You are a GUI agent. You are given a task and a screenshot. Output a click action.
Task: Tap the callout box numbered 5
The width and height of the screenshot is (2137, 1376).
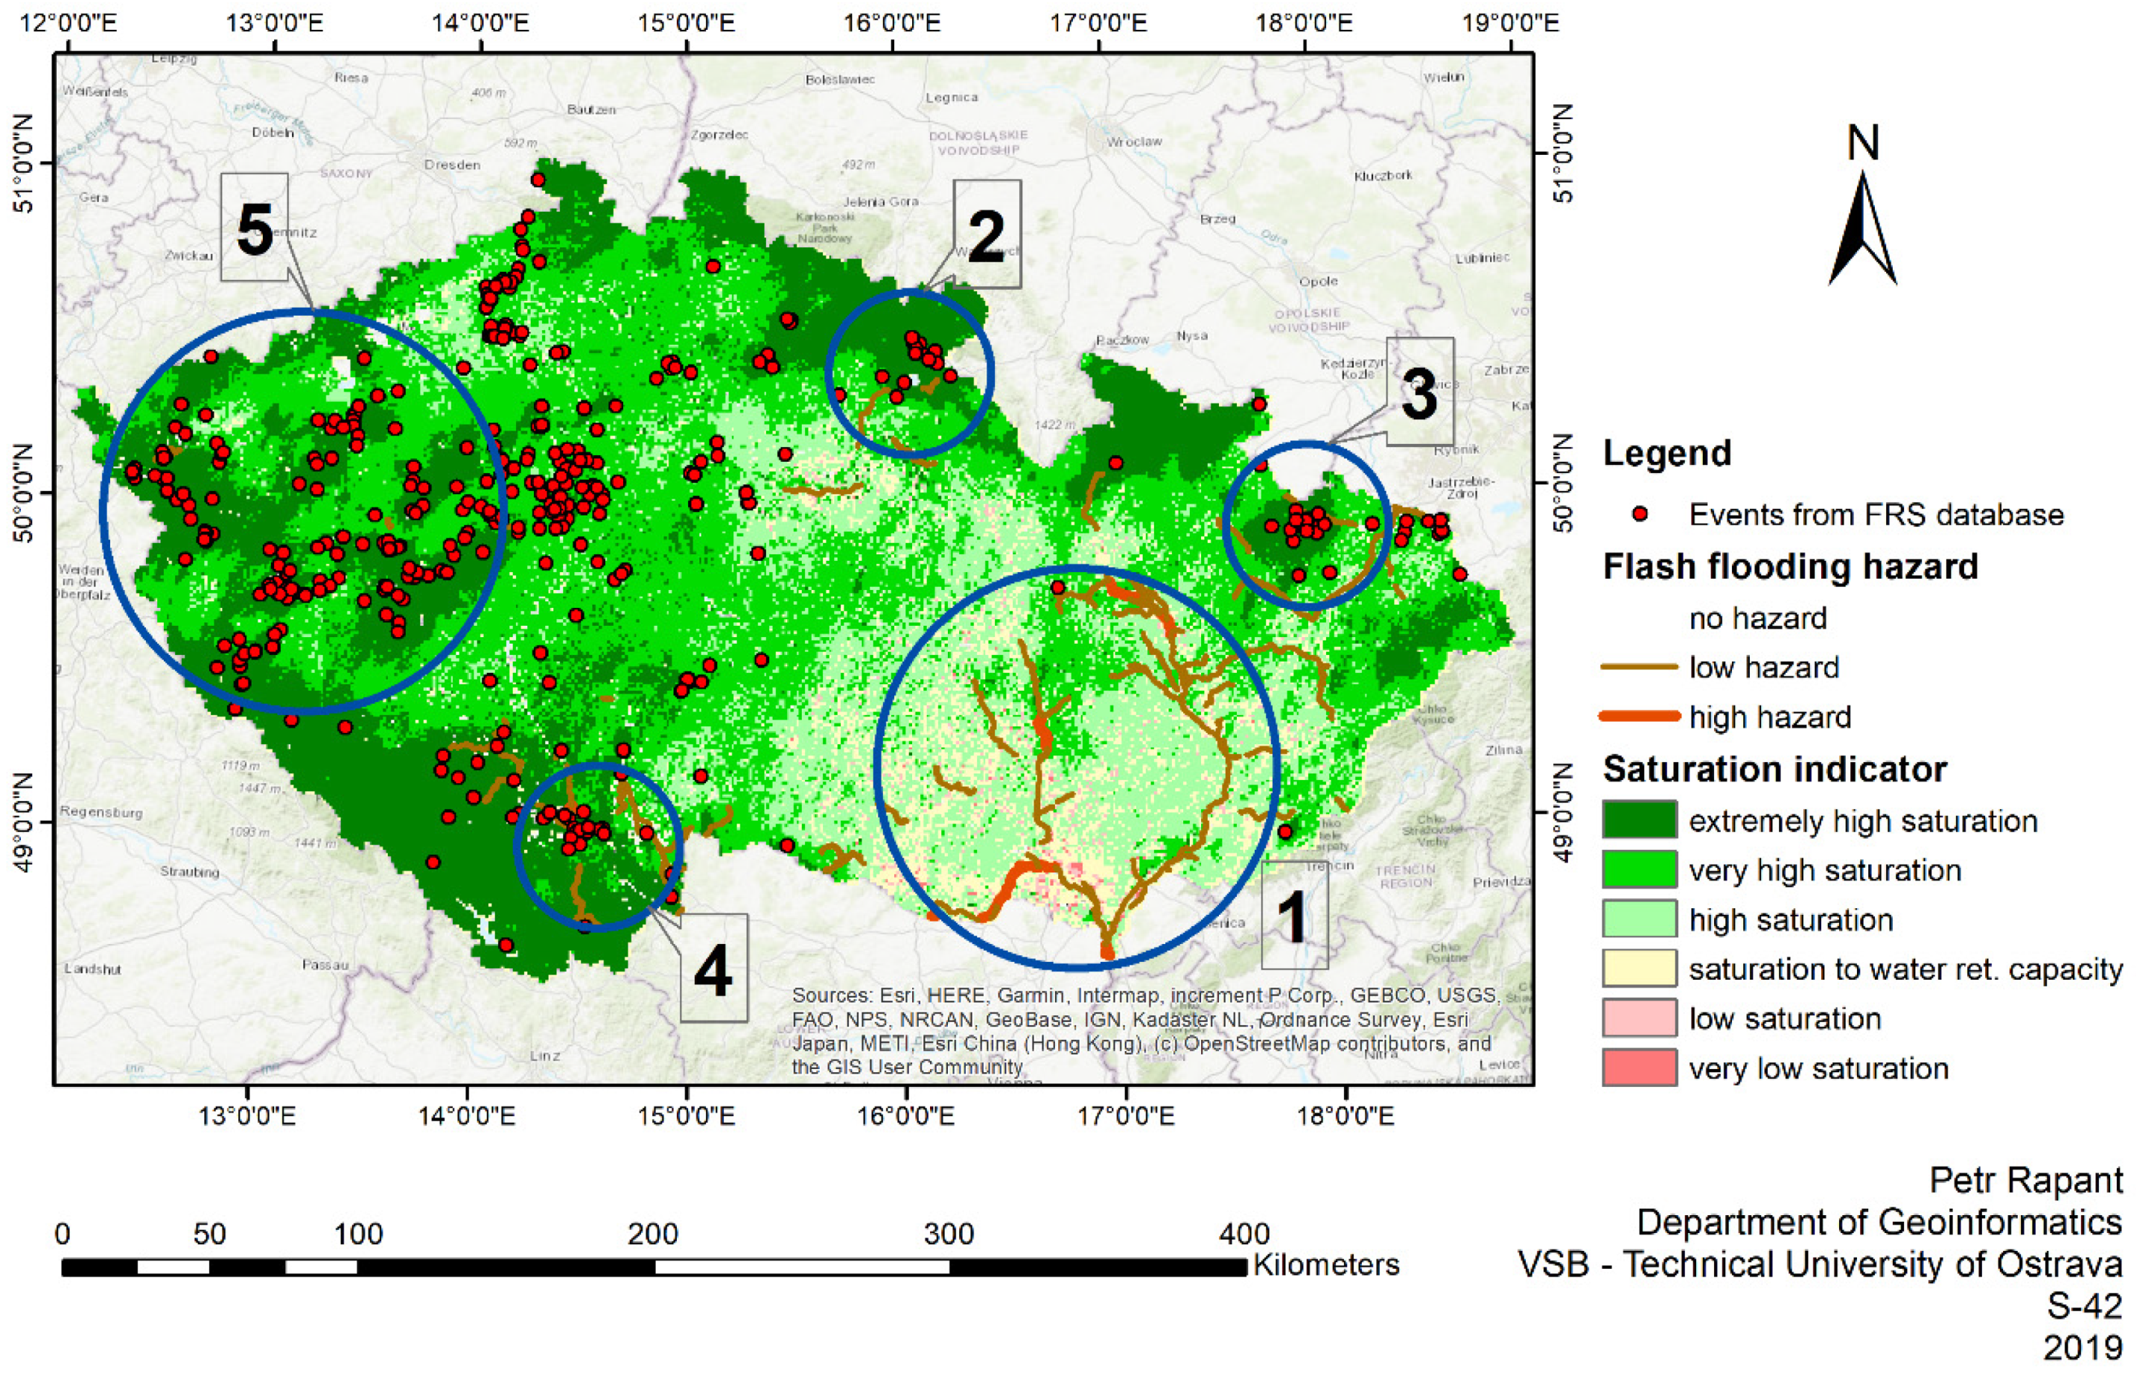[255, 228]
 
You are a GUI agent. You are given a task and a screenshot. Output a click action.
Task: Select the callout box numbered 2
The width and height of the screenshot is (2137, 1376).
[986, 234]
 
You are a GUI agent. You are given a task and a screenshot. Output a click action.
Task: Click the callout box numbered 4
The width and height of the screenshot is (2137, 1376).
[713, 968]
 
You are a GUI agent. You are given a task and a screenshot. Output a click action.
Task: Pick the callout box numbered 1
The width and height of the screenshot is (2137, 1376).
[1293, 915]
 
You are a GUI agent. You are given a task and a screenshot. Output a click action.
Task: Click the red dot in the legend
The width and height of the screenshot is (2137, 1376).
[1639, 514]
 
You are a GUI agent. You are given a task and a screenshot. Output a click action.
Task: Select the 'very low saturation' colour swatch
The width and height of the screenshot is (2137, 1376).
[1639, 1068]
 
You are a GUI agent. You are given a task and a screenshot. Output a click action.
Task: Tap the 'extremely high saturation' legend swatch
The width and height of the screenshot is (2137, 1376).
[1639, 820]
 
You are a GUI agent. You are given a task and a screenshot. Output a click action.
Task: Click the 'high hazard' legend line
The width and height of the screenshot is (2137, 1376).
[1639, 717]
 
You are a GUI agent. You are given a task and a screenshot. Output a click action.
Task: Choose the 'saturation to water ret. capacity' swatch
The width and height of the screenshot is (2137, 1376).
[1639, 968]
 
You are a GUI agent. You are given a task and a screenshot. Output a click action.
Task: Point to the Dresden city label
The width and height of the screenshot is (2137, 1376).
[452, 165]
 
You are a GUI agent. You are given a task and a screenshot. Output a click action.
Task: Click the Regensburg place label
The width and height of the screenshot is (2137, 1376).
[101, 812]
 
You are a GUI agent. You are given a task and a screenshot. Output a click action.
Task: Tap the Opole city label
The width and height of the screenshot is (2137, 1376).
[1318, 281]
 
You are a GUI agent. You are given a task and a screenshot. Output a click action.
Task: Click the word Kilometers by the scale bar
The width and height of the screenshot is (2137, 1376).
[1325, 1265]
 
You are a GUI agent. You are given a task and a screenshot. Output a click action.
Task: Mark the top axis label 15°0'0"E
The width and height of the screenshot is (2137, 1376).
[686, 22]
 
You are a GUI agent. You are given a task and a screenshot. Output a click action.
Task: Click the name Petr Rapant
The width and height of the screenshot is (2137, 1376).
[2025, 1180]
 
